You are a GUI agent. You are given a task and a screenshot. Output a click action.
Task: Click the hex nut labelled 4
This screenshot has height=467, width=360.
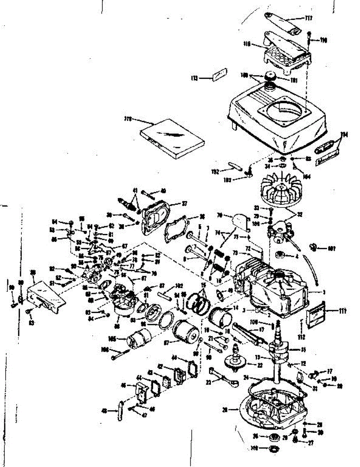click(279, 256)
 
